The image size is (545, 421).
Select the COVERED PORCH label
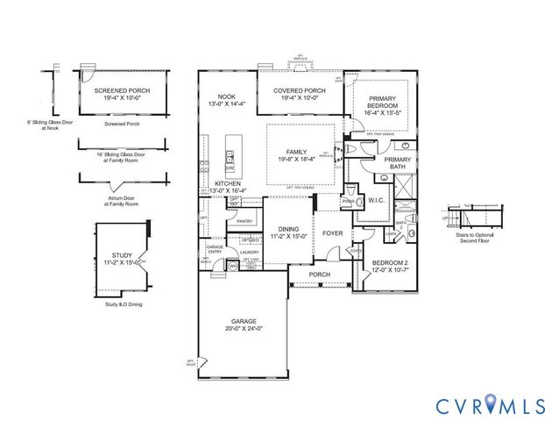[x=300, y=90]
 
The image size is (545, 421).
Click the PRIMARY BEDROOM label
[x=382, y=102]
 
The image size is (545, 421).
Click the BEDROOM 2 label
[x=392, y=263]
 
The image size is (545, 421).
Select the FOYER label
[x=332, y=233]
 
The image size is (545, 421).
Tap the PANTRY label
[x=244, y=222]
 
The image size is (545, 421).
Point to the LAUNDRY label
[x=250, y=252]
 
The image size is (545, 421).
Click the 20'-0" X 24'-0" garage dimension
[x=243, y=329]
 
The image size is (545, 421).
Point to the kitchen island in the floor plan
[x=231, y=154]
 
